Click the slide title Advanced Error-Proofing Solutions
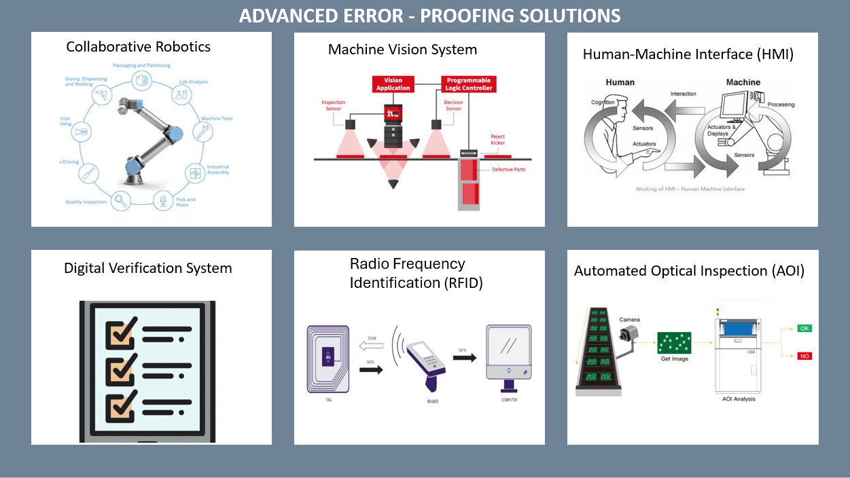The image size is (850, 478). click(x=429, y=15)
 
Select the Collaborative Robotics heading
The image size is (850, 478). click(x=138, y=47)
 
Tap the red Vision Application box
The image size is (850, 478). click(x=393, y=84)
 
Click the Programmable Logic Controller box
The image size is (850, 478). click(x=468, y=84)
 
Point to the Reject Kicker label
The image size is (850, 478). click(x=498, y=140)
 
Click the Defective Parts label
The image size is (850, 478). click(x=509, y=169)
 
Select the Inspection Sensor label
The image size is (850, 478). click(x=333, y=105)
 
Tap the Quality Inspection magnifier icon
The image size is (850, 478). click(x=121, y=200)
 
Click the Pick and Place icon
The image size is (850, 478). click(x=163, y=200)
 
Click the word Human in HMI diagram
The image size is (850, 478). click(x=620, y=82)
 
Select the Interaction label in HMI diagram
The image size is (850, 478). click(x=683, y=94)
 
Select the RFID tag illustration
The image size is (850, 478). click(x=328, y=358)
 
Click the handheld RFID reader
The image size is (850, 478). click(x=427, y=363)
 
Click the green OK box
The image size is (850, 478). click(x=804, y=329)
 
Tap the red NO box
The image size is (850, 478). click(x=804, y=356)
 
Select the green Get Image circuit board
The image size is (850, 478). click(x=674, y=343)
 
